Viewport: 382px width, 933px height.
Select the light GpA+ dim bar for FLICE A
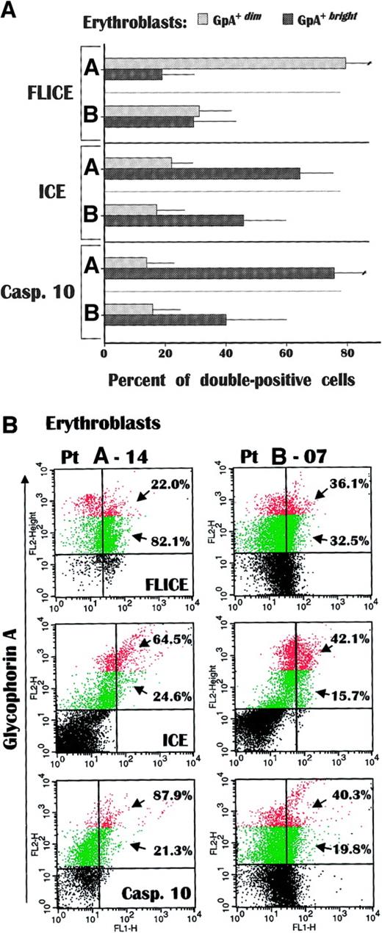[x=225, y=63]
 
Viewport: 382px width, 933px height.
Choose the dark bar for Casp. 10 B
[x=165, y=320]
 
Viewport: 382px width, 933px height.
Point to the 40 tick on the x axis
[x=225, y=353]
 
